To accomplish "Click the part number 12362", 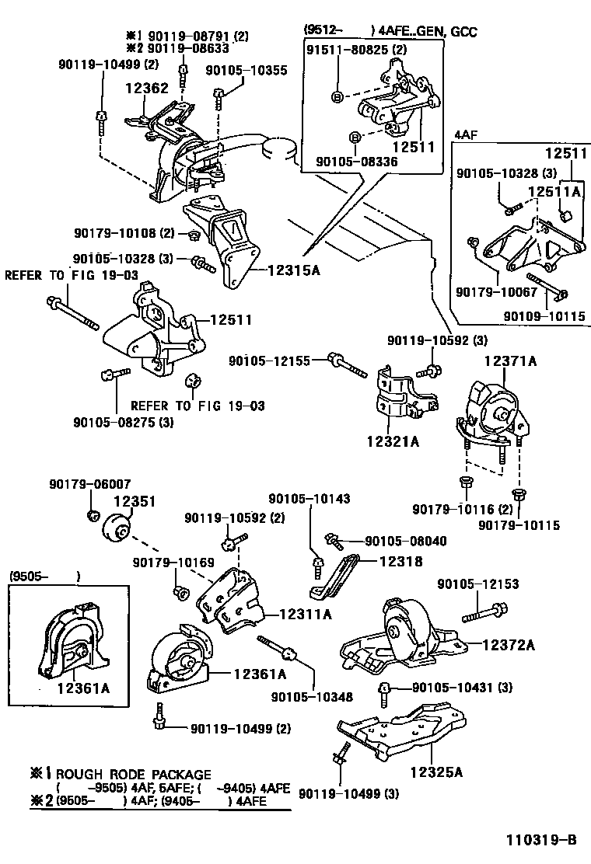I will click(146, 89).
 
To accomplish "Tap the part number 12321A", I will click(393, 442).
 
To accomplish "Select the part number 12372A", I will click(509, 644).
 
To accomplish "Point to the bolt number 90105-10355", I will click(246, 70).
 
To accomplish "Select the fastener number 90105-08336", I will click(356, 161).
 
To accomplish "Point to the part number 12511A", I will click(555, 190).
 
